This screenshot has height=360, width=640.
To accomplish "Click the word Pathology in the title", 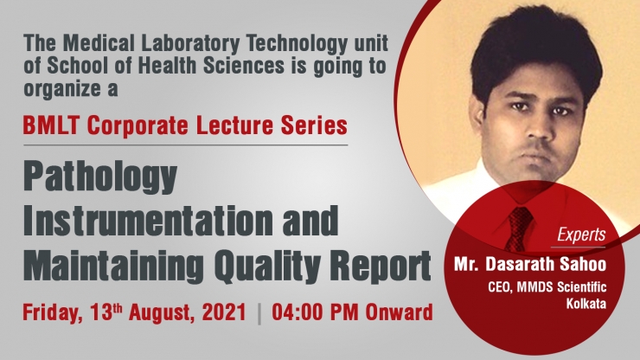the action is [100, 178].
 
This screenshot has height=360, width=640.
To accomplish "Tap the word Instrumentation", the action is [148, 220].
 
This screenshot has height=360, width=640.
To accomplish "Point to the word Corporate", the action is [138, 126].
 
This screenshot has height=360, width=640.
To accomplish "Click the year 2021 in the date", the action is [224, 312].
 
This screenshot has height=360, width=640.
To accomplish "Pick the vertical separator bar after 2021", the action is [259, 313].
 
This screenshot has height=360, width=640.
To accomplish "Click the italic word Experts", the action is [581, 235].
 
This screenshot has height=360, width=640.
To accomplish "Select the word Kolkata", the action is [586, 304].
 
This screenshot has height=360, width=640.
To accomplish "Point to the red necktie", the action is [519, 228].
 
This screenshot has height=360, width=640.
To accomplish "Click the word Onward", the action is [399, 312].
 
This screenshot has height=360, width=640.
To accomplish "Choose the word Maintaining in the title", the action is [113, 266].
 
